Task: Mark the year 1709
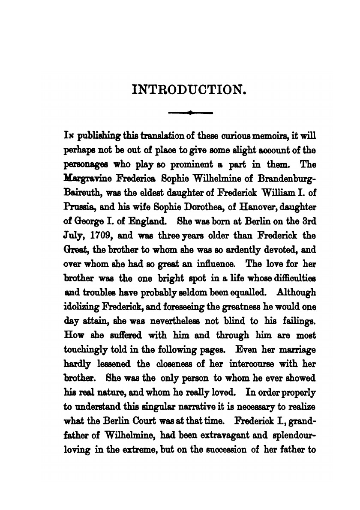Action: (x=100, y=236)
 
